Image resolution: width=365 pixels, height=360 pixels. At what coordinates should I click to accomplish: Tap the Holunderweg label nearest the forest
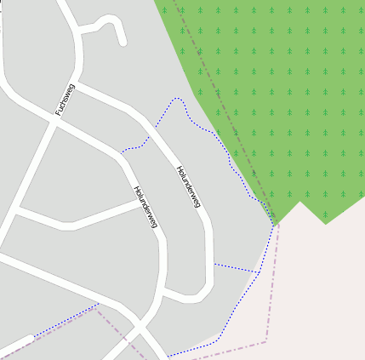tap(188, 186)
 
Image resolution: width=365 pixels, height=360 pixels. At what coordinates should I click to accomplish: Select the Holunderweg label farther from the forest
tap(145, 207)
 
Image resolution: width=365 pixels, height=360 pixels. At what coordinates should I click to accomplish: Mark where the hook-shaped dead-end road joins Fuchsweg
tap(82, 32)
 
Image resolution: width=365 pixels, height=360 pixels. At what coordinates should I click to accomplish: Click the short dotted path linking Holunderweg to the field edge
tap(235, 268)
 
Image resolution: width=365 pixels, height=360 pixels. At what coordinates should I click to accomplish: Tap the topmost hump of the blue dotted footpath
tap(177, 99)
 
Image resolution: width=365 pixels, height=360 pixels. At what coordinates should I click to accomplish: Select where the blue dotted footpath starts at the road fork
tap(122, 152)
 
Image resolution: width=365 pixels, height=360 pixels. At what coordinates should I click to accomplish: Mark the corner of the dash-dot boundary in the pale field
tap(266, 342)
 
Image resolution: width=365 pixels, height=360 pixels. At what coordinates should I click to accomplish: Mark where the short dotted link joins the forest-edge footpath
tap(259, 272)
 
